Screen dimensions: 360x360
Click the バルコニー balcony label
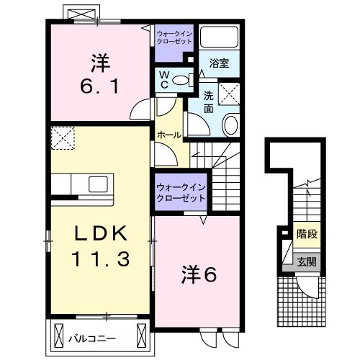(94, 336)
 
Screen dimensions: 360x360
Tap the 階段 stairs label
(307, 234)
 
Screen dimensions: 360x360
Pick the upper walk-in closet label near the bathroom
(174, 37)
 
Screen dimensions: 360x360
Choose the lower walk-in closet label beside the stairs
(181, 192)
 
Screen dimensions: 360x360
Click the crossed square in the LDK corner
(64, 136)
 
